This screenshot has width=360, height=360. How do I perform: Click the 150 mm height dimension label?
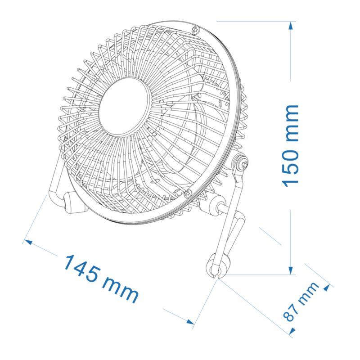tap(291, 145)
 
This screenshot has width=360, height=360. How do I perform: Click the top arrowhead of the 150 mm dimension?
tap(291, 25)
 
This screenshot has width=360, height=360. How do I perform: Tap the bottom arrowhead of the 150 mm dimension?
tap(291, 270)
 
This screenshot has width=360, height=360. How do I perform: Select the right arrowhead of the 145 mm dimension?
tap(190, 322)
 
